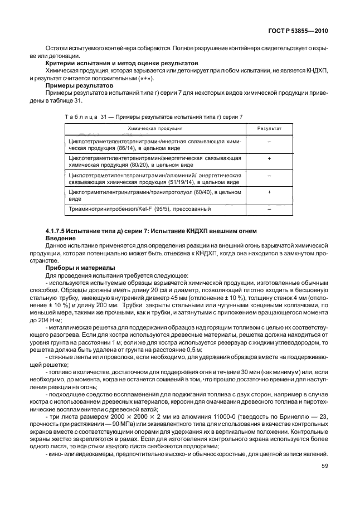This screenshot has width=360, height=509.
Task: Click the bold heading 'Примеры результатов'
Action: coord(79,86)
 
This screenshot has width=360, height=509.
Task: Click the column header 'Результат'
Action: coord(269,128)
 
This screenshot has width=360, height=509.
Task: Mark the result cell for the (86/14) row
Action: coord(269,143)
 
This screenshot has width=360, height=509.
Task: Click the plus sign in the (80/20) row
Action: coord(269,159)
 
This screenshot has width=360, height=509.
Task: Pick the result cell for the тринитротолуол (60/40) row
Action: coord(269,192)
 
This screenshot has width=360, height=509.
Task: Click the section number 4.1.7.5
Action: coord(58,231)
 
